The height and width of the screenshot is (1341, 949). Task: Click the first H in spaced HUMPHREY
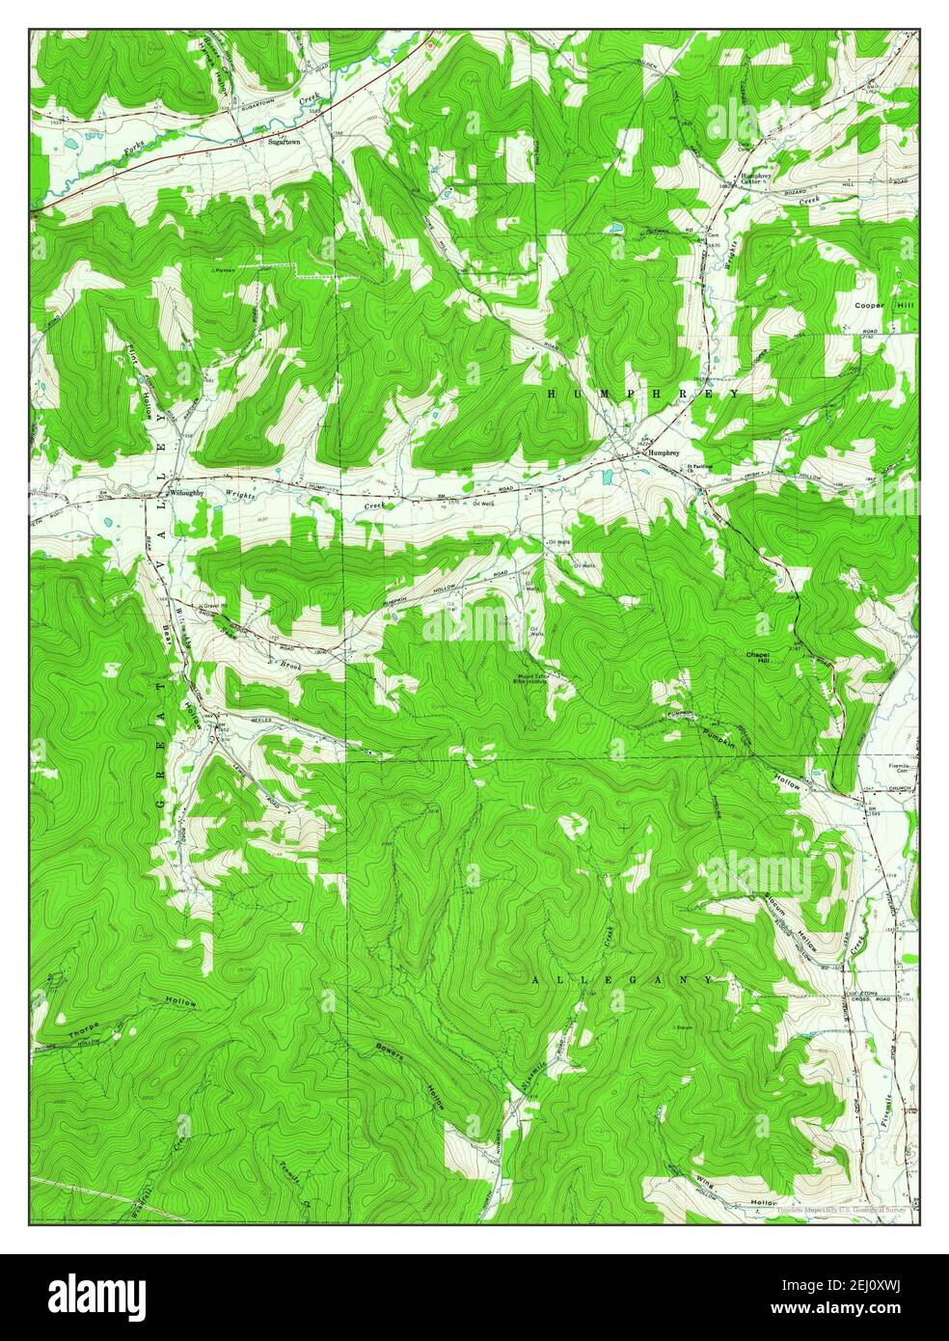coord(554,394)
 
